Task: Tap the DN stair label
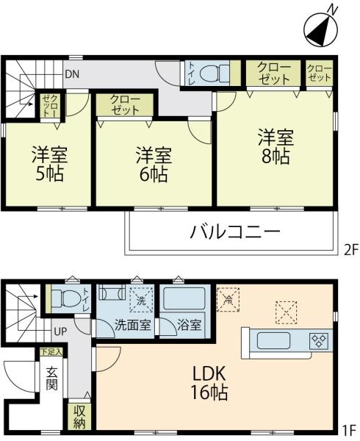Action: click(72, 74)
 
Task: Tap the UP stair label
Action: click(60, 332)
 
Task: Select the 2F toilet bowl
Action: click(214, 73)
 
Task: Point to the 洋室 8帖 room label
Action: click(276, 146)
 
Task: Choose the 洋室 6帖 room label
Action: click(154, 165)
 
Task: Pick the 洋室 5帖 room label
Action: click(49, 165)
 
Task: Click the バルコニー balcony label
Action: click(235, 232)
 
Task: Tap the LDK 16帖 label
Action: click(209, 384)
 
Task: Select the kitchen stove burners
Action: click(319, 340)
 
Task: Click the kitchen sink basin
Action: click(273, 341)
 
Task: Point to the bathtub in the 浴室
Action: click(184, 298)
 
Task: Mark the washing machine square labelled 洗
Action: click(141, 301)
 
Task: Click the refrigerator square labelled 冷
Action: click(228, 299)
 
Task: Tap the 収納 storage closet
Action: click(79, 417)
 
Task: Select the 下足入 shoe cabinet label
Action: click(51, 352)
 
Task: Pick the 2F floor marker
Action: click(350, 249)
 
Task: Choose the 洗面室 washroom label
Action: click(133, 325)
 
